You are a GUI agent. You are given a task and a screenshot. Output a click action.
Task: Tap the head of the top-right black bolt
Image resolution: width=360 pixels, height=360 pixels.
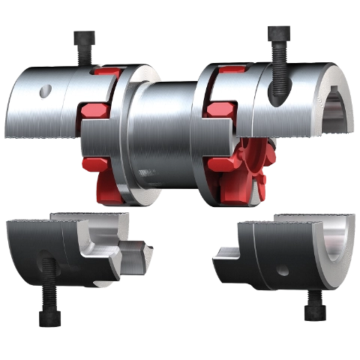click(279, 34)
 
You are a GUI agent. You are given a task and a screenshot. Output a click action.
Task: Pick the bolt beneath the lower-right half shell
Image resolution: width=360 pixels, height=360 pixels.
click(313, 307)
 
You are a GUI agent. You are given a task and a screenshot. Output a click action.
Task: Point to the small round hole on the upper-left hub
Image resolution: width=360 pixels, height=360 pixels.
click(47, 91)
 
